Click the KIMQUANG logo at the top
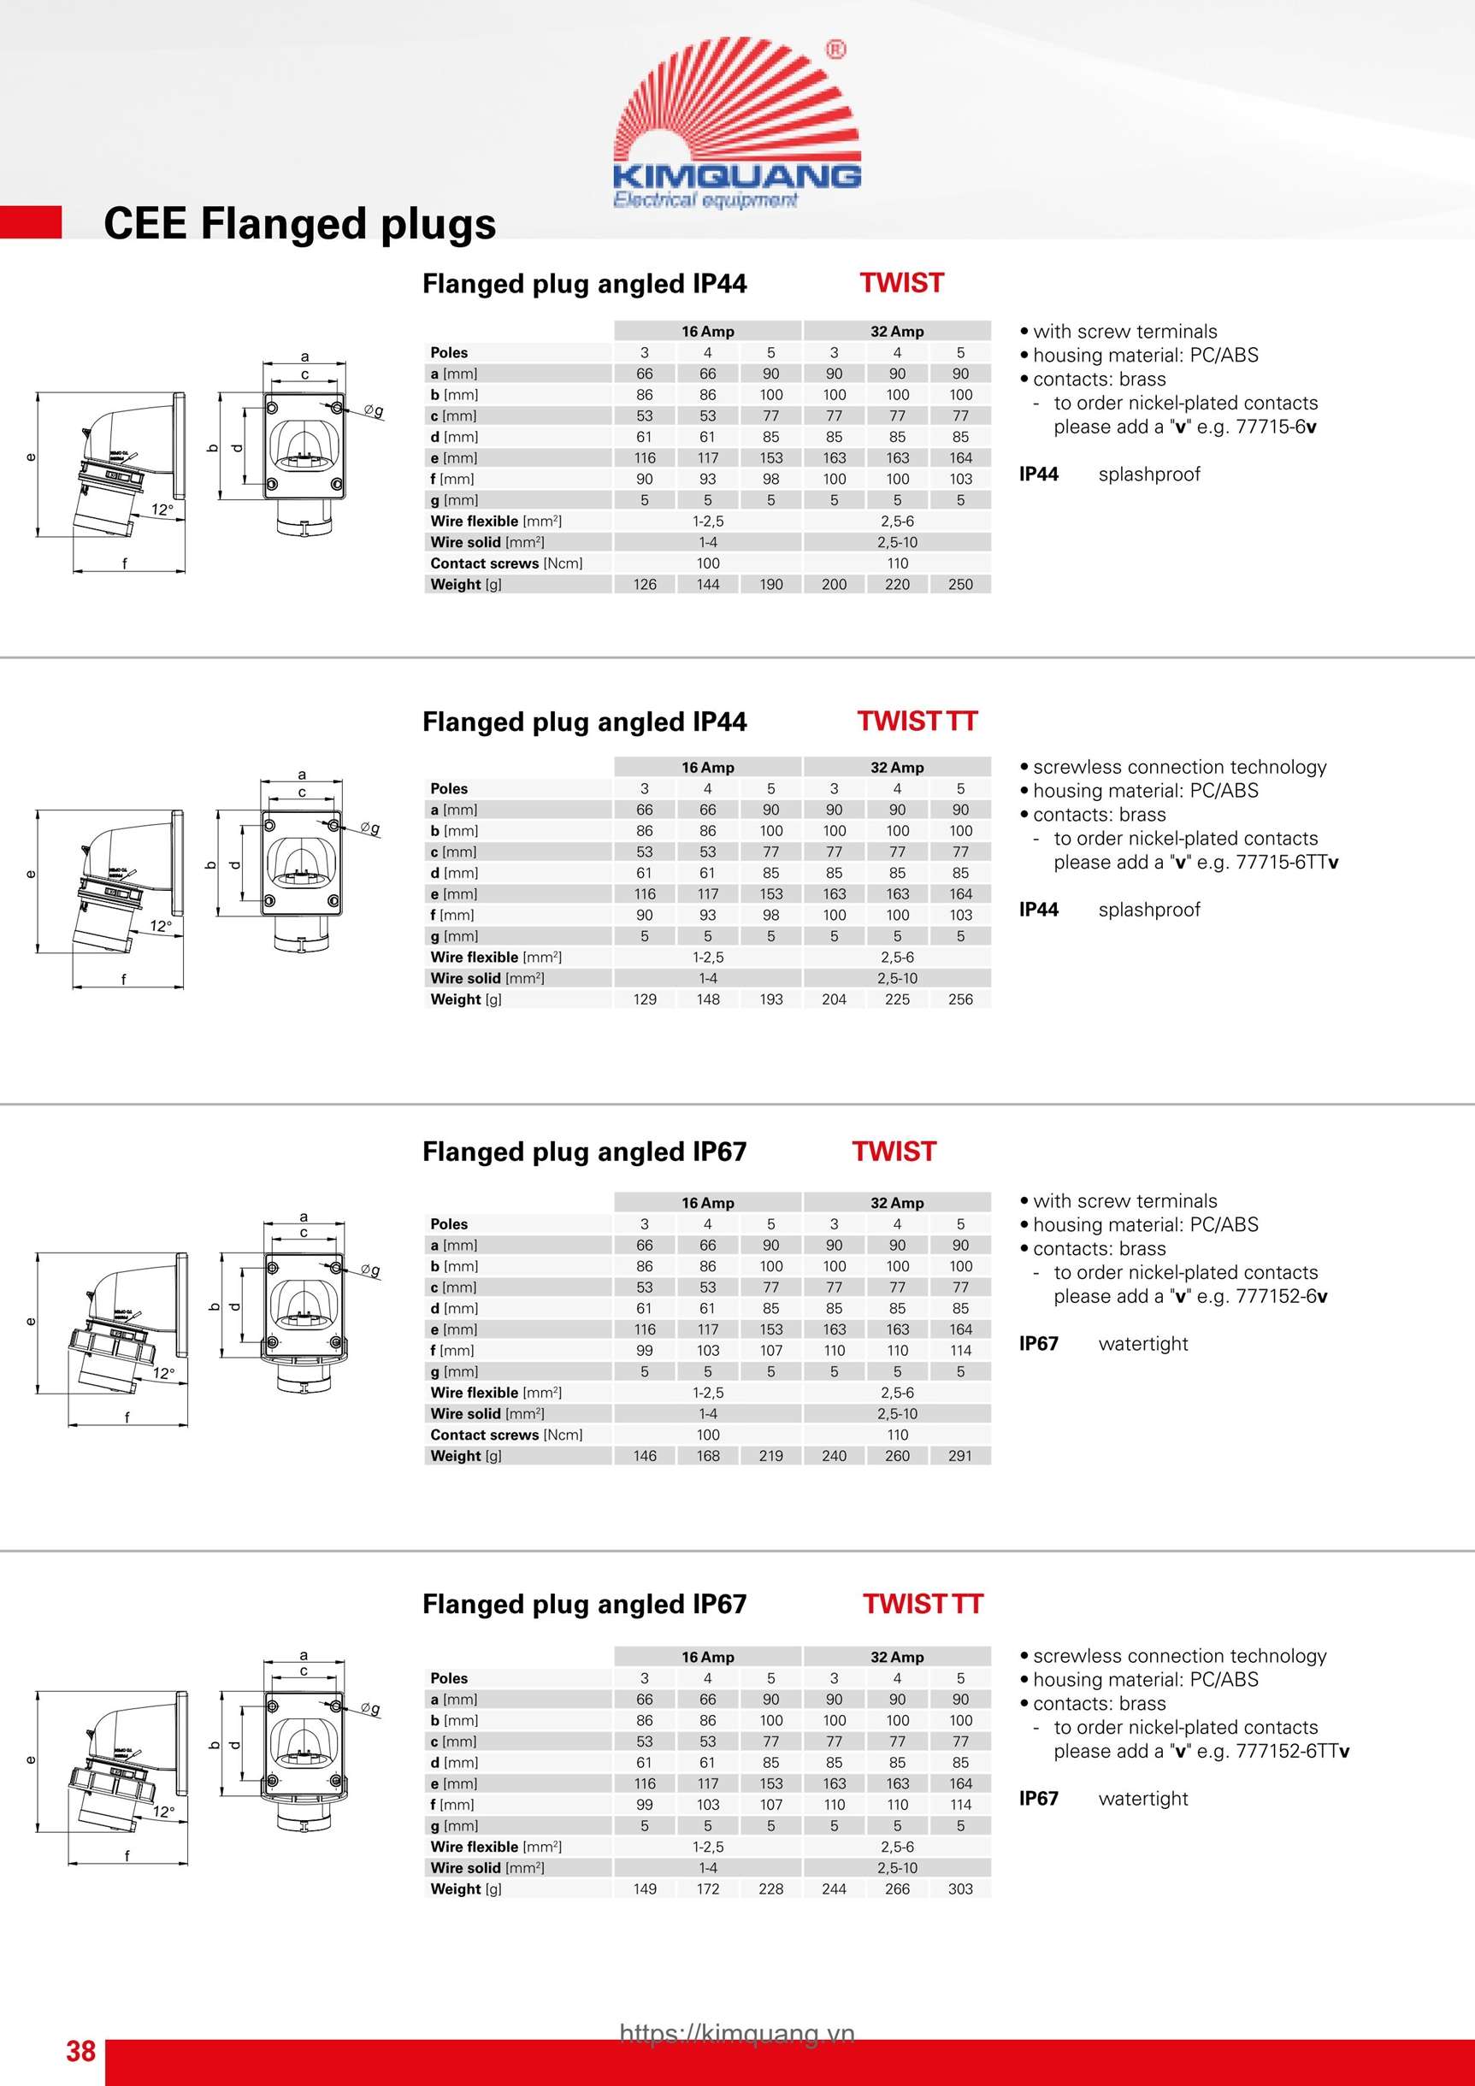click(x=736, y=122)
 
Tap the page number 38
click(x=80, y=2051)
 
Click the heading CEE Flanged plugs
click(x=299, y=223)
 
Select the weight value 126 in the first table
click(x=645, y=584)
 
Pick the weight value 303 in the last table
click(x=959, y=1888)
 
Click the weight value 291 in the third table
click(x=959, y=1454)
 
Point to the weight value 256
click(x=959, y=999)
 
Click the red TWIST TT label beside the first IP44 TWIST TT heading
click(x=916, y=721)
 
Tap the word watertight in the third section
click(x=1142, y=1343)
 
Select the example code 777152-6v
click(x=1281, y=1295)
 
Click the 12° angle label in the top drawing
click(x=162, y=510)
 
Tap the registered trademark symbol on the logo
click(x=835, y=49)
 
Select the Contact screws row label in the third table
click(x=506, y=1434)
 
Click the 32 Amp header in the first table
click(x=896, y=332)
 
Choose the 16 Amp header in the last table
click(x=707, y=1656)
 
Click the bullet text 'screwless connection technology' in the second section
click(x=1179, y=767)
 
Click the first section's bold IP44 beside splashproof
click(x=1038, y=474)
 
